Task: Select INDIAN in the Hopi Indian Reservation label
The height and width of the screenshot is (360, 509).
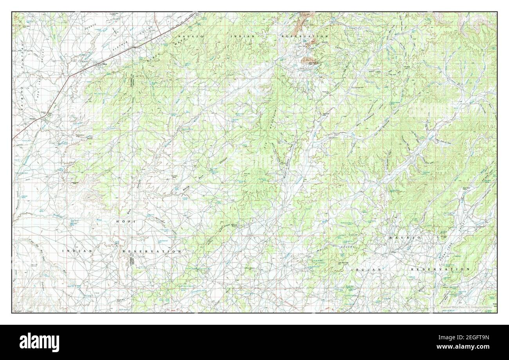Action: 77,251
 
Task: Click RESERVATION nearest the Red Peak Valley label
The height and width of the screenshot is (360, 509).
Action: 304,36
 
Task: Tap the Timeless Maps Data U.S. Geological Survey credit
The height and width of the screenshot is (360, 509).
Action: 467,307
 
